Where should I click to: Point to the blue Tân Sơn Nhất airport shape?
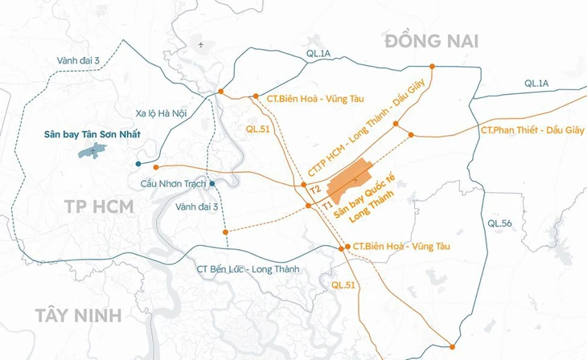[x=93, y=150]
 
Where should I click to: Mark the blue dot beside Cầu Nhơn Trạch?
[x=211, y=184]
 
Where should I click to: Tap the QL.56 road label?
[x=499, y=223]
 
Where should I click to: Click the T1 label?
[x=327, y=206]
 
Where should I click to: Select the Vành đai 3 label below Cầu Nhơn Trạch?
[x=197, y=207]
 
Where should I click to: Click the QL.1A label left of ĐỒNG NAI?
[x=318, y=55]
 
